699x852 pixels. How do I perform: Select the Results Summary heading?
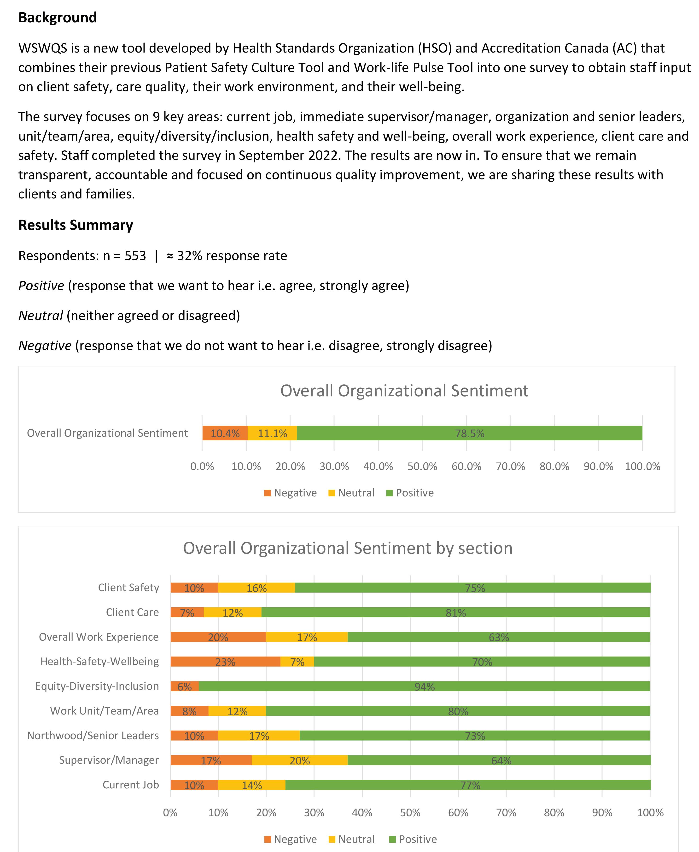coord(76,225)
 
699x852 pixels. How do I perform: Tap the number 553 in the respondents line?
coord(135,256)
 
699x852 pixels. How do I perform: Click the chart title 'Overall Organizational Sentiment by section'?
coord(348,548)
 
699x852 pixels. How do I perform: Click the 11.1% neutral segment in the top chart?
coord(272,433)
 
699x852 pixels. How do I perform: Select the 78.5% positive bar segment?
coord(470,433)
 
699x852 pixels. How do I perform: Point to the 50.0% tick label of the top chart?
coord(422,466)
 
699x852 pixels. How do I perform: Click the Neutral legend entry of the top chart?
coord(351,493)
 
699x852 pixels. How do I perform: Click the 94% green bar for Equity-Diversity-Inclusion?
coord(424,686)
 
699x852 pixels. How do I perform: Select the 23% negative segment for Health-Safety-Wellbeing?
coord(225,662)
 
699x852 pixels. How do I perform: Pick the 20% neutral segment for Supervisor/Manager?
coord(300,761)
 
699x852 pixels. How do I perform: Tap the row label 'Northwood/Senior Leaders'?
coord(93,736)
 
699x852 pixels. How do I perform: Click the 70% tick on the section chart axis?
coord(506,812)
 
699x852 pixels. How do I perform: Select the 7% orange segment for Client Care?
coord(187,613)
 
